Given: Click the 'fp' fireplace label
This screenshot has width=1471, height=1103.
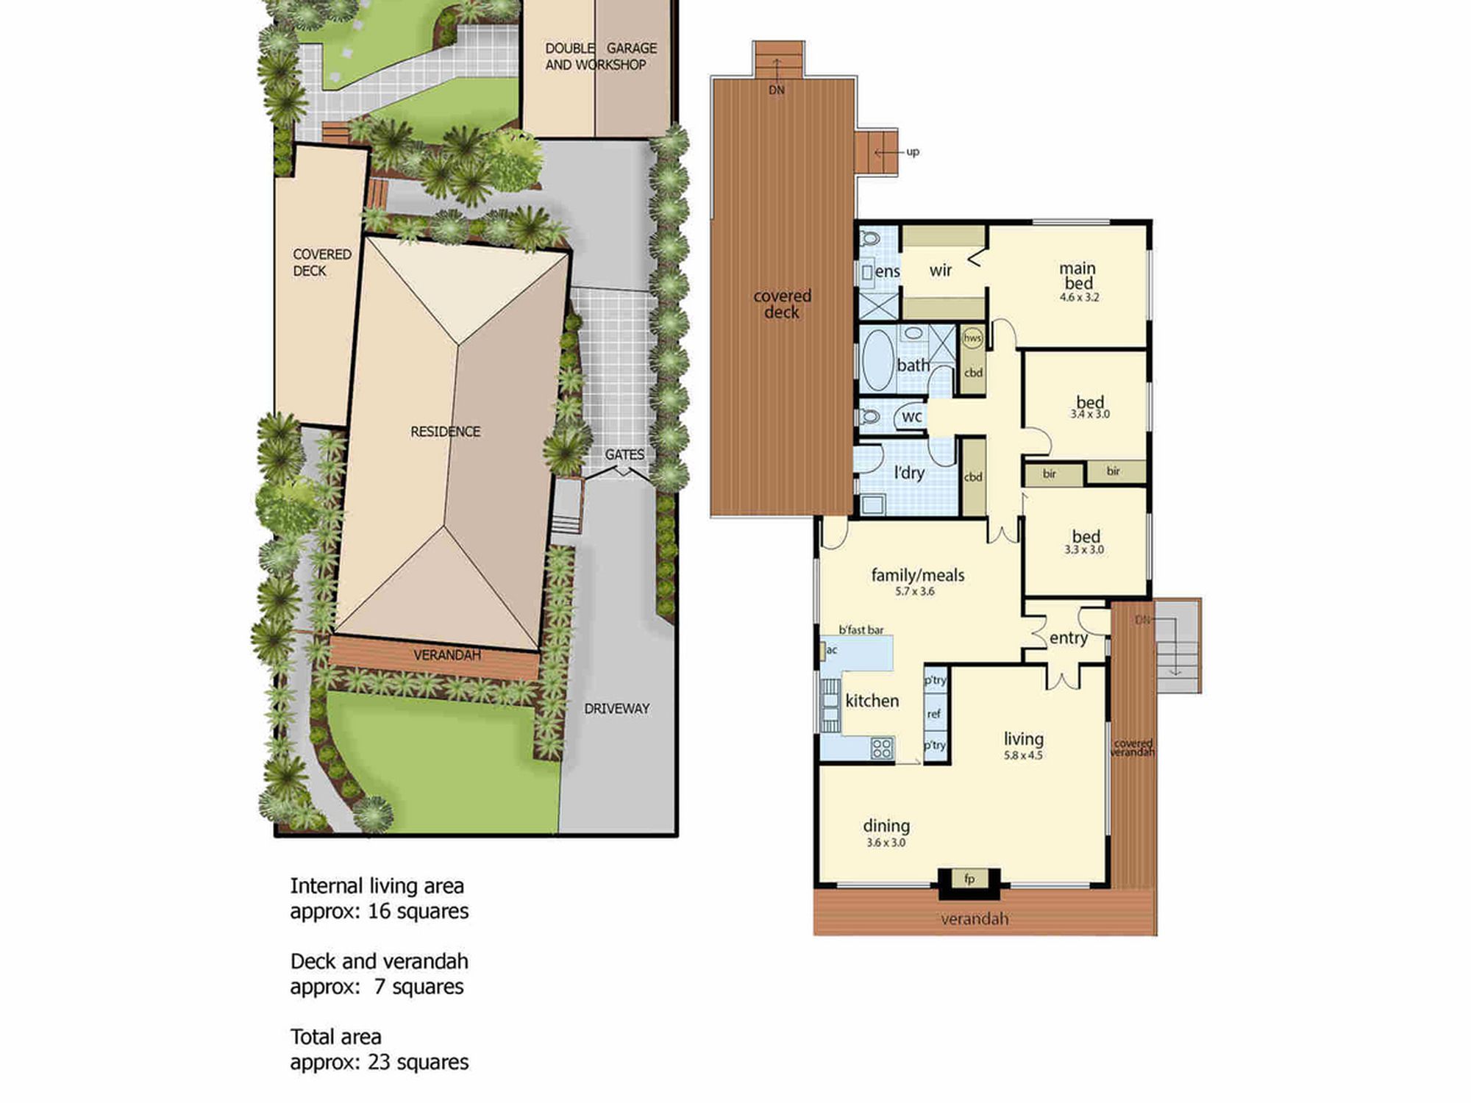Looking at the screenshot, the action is [x=969, y=879].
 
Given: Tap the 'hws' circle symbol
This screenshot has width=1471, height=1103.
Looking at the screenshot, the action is [x=972, y=338].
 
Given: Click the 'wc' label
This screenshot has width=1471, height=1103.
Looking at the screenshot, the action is [x=912, y=416].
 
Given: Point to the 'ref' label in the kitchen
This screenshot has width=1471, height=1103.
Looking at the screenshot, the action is [x=934, y=713].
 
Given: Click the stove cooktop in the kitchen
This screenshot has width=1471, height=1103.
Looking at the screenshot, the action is [x=882, y=749].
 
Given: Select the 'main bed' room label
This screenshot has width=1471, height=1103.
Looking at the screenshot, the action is [x=1078, y=276].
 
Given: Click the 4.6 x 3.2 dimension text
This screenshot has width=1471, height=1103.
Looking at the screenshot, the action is [x=1079, y=298].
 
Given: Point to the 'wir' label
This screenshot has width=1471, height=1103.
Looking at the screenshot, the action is [x=941, y=271].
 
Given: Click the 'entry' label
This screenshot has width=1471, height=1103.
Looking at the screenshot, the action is [x=1068, y=638].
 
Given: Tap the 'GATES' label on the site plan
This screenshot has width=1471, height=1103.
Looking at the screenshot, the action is [x=624, y=454].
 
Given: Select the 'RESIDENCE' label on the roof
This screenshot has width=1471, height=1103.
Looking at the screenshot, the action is [x=445, y=432].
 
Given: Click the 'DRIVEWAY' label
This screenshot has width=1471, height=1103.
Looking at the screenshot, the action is [x=616, y=709].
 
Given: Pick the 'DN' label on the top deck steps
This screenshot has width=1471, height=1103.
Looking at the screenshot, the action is [x=777, y=90].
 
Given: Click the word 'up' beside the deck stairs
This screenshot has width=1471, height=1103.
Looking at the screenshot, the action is [x=913, y=152].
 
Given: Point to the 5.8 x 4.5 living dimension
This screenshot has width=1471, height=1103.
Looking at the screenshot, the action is [x=1023, y=755].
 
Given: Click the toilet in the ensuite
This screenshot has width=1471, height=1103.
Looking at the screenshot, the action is [x=870, y=238].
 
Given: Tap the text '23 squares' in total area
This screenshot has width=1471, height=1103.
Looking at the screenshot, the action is [x=418, y=1062].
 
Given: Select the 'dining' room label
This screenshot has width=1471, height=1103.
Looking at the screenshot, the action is [x=886, y=827].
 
